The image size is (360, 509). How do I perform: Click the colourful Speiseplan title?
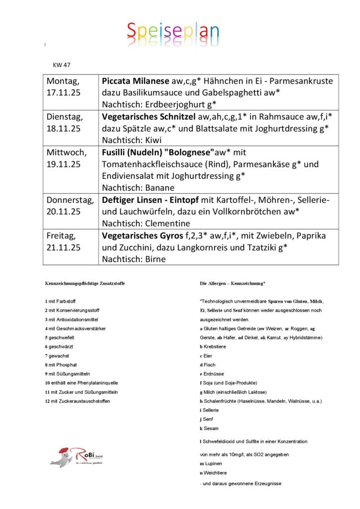tap(173, 32)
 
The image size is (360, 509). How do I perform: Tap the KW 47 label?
tap(62, 65)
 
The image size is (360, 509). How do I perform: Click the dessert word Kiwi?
tap(153, 140)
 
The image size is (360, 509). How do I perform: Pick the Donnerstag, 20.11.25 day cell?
tap(70, 206)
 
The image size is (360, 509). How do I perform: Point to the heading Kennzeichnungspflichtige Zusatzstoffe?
tap(85, 283)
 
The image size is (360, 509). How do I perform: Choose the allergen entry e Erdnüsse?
tap(212, 374)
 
